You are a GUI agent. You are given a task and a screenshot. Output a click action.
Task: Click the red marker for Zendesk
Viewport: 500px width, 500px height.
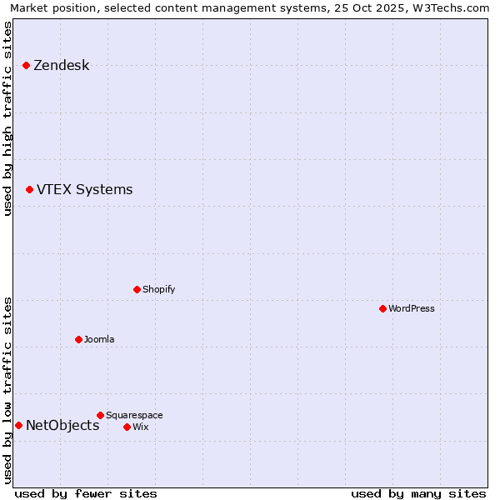(26, 65)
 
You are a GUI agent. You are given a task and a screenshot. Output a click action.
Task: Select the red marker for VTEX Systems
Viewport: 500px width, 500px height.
(29, 190)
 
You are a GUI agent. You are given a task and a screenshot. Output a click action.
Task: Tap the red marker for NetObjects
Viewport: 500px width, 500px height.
(18, 426)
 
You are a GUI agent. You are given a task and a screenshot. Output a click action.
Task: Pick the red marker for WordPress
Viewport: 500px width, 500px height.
(382, 308)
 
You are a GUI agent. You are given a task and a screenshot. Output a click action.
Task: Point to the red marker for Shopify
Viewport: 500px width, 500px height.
(137, 289)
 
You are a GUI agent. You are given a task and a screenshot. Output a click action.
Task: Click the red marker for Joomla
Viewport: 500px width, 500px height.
(78, 339)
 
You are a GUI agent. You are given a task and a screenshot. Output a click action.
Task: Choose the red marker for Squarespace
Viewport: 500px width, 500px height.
(100, 415)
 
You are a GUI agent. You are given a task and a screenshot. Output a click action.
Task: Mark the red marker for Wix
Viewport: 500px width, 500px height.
(127, 427)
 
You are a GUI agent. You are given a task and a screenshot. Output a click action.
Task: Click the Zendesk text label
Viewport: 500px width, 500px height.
(61, 66)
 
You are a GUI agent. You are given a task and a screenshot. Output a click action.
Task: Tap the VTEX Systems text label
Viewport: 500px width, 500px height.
(84, 190)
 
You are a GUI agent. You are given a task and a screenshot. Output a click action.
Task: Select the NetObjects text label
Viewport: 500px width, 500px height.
(62, 426)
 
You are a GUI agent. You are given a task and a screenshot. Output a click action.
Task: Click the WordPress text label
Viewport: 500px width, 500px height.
(412, 308)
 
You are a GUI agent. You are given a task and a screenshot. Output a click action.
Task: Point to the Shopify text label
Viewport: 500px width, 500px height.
(158, 289)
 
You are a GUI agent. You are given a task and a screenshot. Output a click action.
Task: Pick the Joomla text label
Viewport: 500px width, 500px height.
(99, 339)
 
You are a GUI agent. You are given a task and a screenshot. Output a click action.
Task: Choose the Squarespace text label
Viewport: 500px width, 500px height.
(134, 415)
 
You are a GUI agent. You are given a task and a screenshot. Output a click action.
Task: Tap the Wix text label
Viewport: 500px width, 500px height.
(140, 427)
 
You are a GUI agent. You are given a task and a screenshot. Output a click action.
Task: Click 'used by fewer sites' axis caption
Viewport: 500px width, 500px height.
(86, 493)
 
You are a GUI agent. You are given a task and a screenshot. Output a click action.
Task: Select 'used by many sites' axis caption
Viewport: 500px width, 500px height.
(418, 493)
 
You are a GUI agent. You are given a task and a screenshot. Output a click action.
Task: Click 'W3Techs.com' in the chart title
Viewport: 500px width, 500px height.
(454, 8)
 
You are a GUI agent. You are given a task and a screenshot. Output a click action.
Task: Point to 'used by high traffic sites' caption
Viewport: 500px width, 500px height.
(8, 118)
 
